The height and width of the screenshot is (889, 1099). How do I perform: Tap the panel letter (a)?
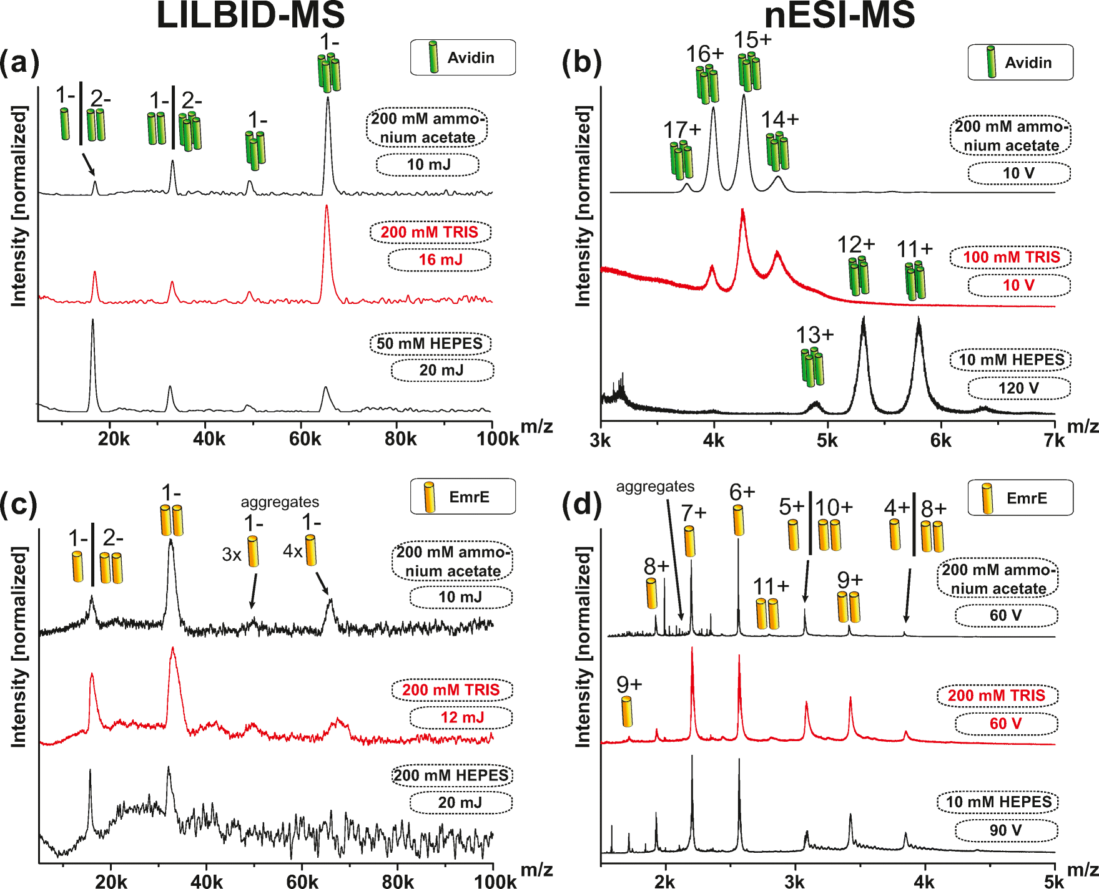pos(19,62)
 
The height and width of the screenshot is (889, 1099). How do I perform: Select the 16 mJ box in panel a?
pos(440,260)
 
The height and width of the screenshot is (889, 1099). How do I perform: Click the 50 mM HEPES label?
pos(430,344)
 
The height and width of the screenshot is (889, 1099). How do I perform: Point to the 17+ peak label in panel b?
pos(682,130)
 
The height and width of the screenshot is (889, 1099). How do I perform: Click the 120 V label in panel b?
pos(1018,388)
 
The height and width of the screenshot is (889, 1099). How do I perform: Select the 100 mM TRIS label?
pos(1011,257)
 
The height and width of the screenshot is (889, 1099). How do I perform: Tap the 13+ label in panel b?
pos(814,335)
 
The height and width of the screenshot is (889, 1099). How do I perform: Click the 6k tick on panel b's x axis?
pos(940,440)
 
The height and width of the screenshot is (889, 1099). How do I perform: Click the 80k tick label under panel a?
pos(400,439)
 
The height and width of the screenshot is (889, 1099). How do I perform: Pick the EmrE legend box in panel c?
pos(463,497)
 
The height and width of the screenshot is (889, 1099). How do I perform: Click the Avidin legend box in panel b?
pos(1020,62)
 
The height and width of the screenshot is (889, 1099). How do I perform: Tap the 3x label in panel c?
pos(232,555)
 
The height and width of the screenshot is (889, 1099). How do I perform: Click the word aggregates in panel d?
pos(655,487)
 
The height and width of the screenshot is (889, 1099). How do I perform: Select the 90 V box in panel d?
pos(1005,830)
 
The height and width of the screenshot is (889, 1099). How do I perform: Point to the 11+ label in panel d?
pos(771,586)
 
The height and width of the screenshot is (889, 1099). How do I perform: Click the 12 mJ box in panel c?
pos(461,717)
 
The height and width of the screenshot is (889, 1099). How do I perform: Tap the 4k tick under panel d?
pos(924,882)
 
